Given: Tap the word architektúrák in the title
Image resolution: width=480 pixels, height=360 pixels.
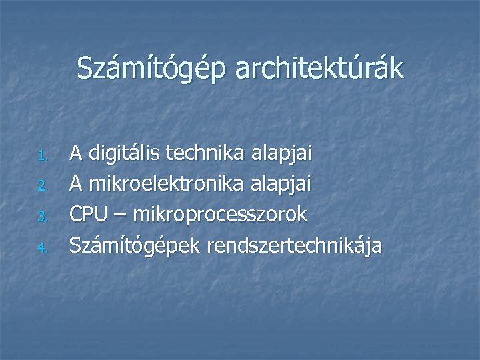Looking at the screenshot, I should click(x=320, y=69).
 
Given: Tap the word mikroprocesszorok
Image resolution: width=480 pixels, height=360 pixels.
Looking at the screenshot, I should click(x=220, y=215).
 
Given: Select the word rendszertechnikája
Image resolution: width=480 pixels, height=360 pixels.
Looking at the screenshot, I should click(x=295, y=247).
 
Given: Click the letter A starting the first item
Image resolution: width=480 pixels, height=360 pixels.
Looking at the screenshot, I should click(x=77, y=155).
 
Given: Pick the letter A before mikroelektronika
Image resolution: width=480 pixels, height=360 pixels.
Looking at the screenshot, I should click(x=77, y=185).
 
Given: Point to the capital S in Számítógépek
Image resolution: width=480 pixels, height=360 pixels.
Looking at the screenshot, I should click(x=75, y=245).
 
